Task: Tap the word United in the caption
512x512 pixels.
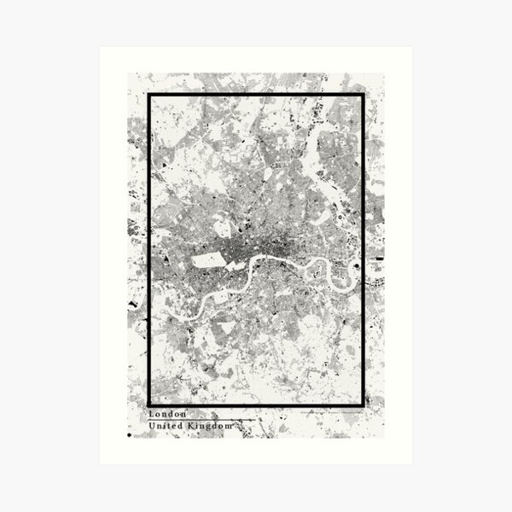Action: click(x=166, y=425)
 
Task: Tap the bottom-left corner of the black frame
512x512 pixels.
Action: click(x=149, y=404)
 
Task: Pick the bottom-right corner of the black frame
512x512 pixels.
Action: click(x=363, y=404)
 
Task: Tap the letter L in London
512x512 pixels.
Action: click(x=151, y=415)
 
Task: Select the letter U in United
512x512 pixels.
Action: click(x=152, y=425)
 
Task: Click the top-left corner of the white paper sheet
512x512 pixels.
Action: click(x=100, y=48)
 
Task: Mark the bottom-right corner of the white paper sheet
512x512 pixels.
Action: click(x=411, y=463)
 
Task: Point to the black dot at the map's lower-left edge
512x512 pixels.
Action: click(x=130, y=435)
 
